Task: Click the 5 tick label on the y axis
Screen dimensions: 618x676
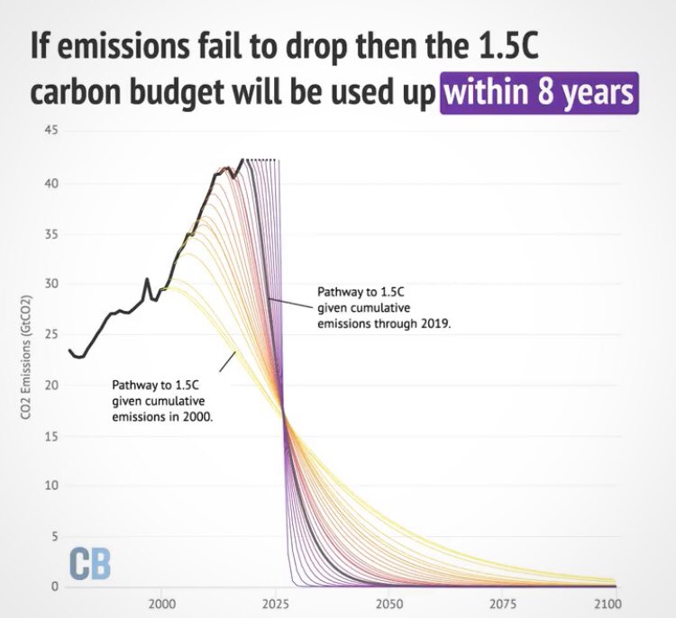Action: (x=55, y=536)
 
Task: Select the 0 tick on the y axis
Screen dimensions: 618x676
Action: (x=55, y=586)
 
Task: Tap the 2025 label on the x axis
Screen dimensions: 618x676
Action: (x=275, y=603)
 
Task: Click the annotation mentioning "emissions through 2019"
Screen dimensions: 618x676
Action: (x=383, y=307)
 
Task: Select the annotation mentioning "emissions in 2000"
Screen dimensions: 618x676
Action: (x=163, y=402)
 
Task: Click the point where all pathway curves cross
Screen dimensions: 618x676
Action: (x=283, y=413)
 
